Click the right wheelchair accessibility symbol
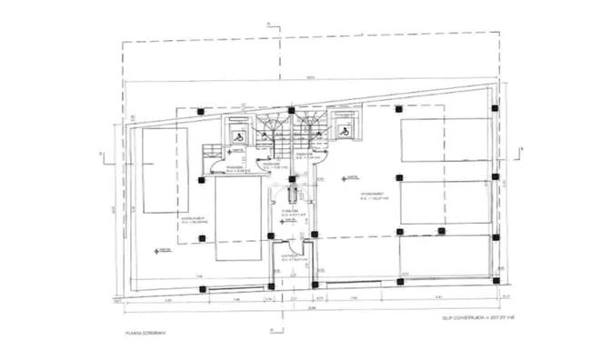(345, 132)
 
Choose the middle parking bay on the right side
(445, 205)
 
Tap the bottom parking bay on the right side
(445, 257)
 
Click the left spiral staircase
(268, 128)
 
